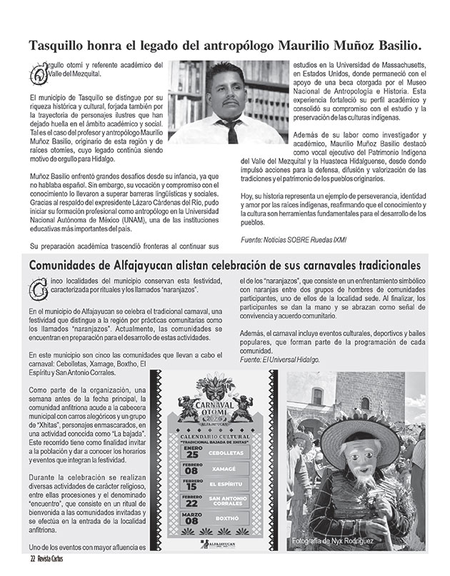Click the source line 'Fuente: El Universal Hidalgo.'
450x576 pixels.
(279, 360)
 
